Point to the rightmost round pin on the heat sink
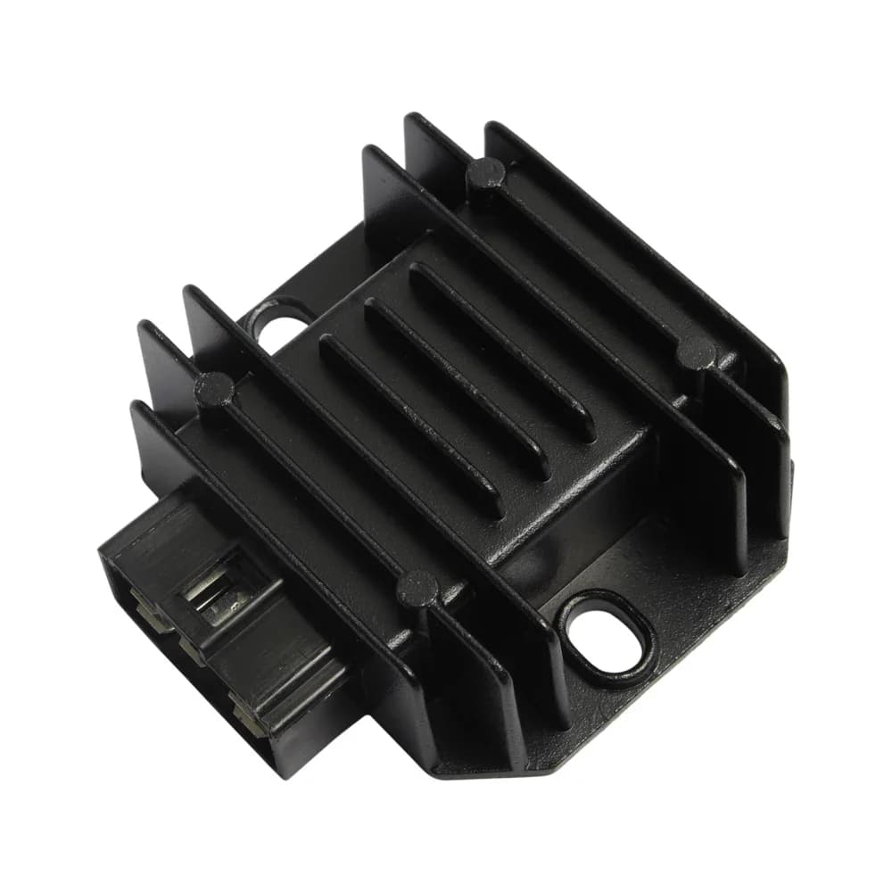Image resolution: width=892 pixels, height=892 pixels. [696, 351]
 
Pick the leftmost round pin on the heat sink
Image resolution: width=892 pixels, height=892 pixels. [214, 388]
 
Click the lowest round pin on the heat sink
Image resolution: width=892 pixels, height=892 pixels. [417, 589]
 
